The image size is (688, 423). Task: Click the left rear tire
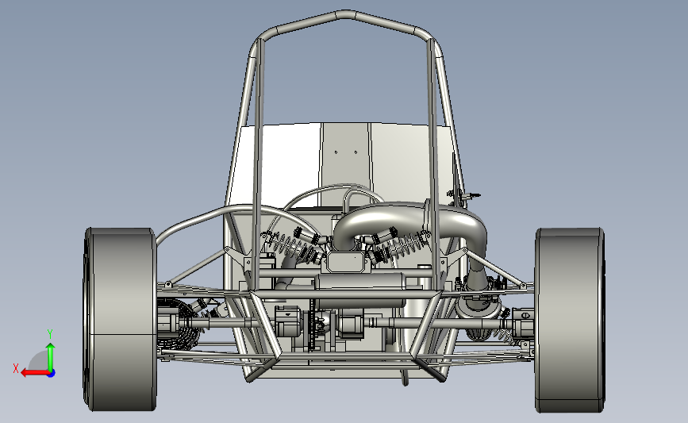click(x=121, y=319)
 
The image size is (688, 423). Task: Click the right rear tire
click(x=570, y=320)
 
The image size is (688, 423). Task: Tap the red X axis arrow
click(x=35, y=373)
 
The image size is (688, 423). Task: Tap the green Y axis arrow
click(x=51, y=357)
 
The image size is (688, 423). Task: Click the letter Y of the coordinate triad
click(x=50, y=334)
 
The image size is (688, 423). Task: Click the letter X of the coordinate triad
click(x=16, y=368)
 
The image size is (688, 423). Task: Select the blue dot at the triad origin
click(x=52, y=374)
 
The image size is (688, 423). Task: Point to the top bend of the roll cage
click(x=346, y=14)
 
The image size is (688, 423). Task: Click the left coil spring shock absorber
click(x=294, y=245)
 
